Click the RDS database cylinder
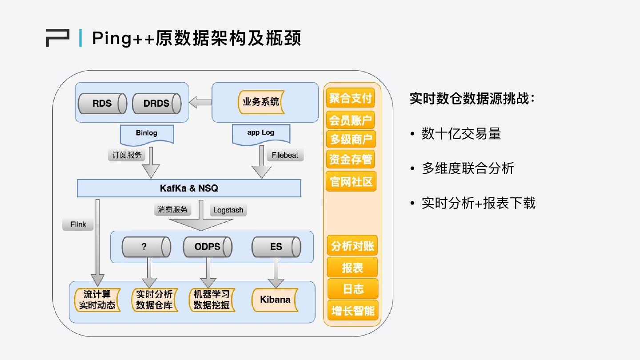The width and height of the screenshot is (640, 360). pos(103,104)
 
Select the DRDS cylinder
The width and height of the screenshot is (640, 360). pos(157,104)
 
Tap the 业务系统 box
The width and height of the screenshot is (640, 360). pos(261,102)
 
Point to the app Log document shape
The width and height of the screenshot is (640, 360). pos(261,134)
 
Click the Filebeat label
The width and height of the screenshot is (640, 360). pos(285,155)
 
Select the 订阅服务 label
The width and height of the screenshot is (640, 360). pos(127,155)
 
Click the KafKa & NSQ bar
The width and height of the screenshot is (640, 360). pos(189,188)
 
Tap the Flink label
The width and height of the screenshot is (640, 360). pos(78,224)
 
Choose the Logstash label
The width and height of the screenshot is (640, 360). pos(228,210)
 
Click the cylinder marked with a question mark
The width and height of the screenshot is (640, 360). pos(146,247)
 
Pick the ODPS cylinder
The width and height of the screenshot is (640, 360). pos(208,247)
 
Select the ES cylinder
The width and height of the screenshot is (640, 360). pos(276,247)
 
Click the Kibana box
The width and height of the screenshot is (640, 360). pos(275,300)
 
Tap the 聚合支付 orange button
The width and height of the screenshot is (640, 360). pos(350,98)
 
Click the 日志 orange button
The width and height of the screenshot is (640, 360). pos(353,289)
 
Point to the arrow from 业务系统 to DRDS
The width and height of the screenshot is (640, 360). pos(200,102)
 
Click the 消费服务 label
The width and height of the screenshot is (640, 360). pos(173,210)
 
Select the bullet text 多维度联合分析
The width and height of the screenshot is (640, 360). pos(468,168)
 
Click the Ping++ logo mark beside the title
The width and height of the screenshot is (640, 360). pos(58,38)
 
